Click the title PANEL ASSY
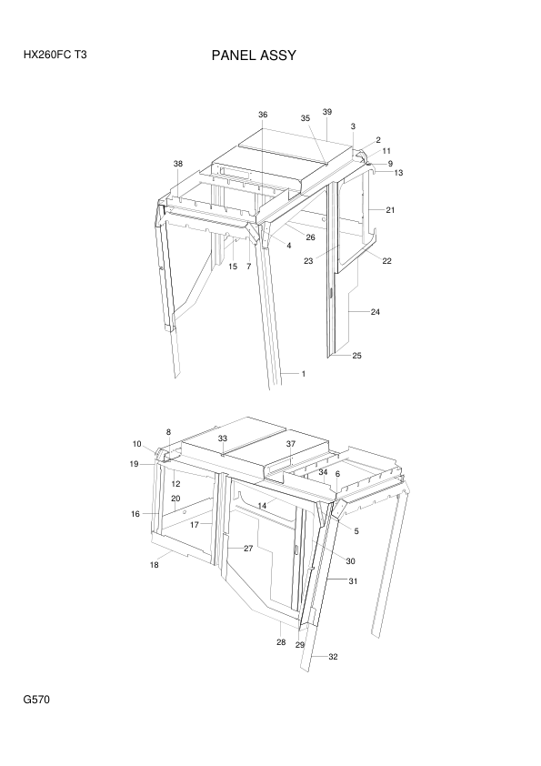(254, 55)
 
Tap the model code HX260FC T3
(55, 55)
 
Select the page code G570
(36, 700)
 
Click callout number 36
(263, 115)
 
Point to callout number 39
(327, 112)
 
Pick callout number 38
(177, 164)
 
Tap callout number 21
(390, 210)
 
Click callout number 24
(375, 312)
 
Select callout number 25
(357, 356)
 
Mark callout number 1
(303, 374)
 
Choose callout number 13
(398, 173)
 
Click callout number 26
(311, 237)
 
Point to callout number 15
(233, 267)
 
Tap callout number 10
(136, 444)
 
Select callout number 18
(154, 565)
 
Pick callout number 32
(333, 657)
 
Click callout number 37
(291, 444)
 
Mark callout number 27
(248, 549)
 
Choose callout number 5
(356, 531)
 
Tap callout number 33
(223, 438)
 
